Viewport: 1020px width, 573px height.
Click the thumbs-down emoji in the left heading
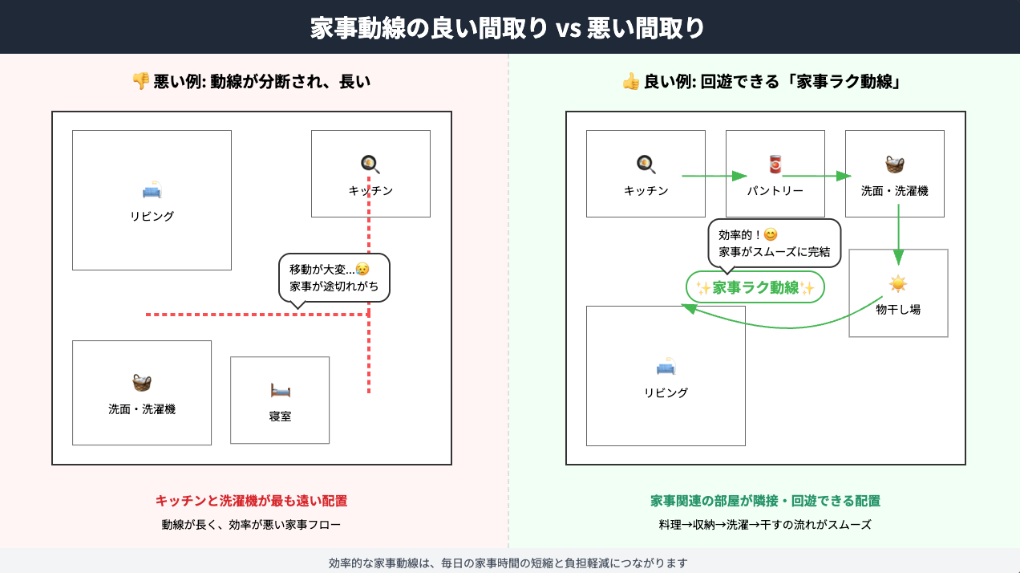[x=140, y=81]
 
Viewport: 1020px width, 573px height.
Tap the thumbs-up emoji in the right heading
[x=631, y=82]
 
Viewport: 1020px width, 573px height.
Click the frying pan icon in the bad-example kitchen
[x=370, y=164]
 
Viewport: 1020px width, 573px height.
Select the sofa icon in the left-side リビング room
[x=152, y=189]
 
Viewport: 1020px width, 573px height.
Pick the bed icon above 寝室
[x=280, y=390]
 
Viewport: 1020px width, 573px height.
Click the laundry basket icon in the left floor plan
[x=142, y=383]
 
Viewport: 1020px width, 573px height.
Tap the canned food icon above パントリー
[x=775, y=164]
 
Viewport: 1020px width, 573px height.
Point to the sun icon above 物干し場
[x=898, y=284]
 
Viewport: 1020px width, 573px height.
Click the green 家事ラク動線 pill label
[x=755, y=287]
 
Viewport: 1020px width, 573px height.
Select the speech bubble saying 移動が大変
[x=334, y=278]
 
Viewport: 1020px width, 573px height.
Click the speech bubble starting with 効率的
[x=774, y=243]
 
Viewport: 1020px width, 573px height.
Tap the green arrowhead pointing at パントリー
[x=739, y=176]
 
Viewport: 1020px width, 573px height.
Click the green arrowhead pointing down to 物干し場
[x=898, y=257]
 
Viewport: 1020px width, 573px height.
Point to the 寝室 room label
[x=280, y=417]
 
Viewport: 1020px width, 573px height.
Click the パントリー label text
[x=775, y=190]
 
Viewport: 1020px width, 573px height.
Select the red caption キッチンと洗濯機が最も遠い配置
[x=251, y=501]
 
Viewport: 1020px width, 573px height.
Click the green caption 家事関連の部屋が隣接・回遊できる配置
[x=765, y=501]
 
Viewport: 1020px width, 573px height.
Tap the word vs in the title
[x=568, y=28]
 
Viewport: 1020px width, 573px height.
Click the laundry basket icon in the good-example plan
[x=895, y=165]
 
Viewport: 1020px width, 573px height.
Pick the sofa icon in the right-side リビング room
[x=666, y=366]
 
